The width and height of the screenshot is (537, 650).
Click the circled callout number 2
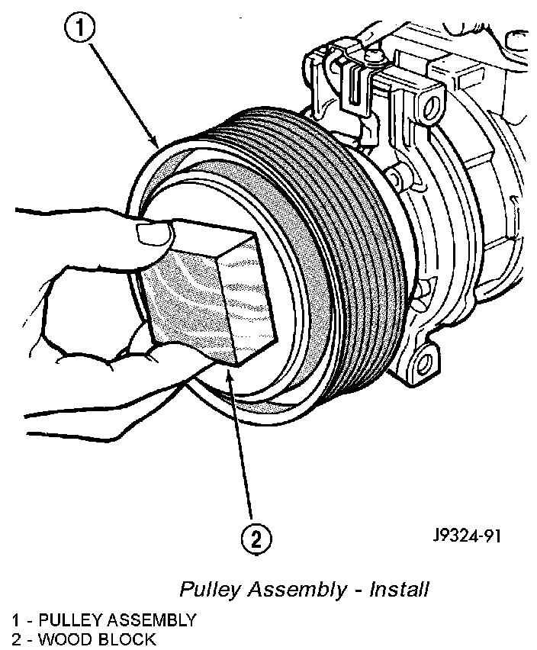256,539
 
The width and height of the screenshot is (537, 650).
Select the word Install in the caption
399,590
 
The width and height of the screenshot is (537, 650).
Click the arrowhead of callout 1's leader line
157,144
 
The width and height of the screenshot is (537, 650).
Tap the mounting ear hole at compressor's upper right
436,103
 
